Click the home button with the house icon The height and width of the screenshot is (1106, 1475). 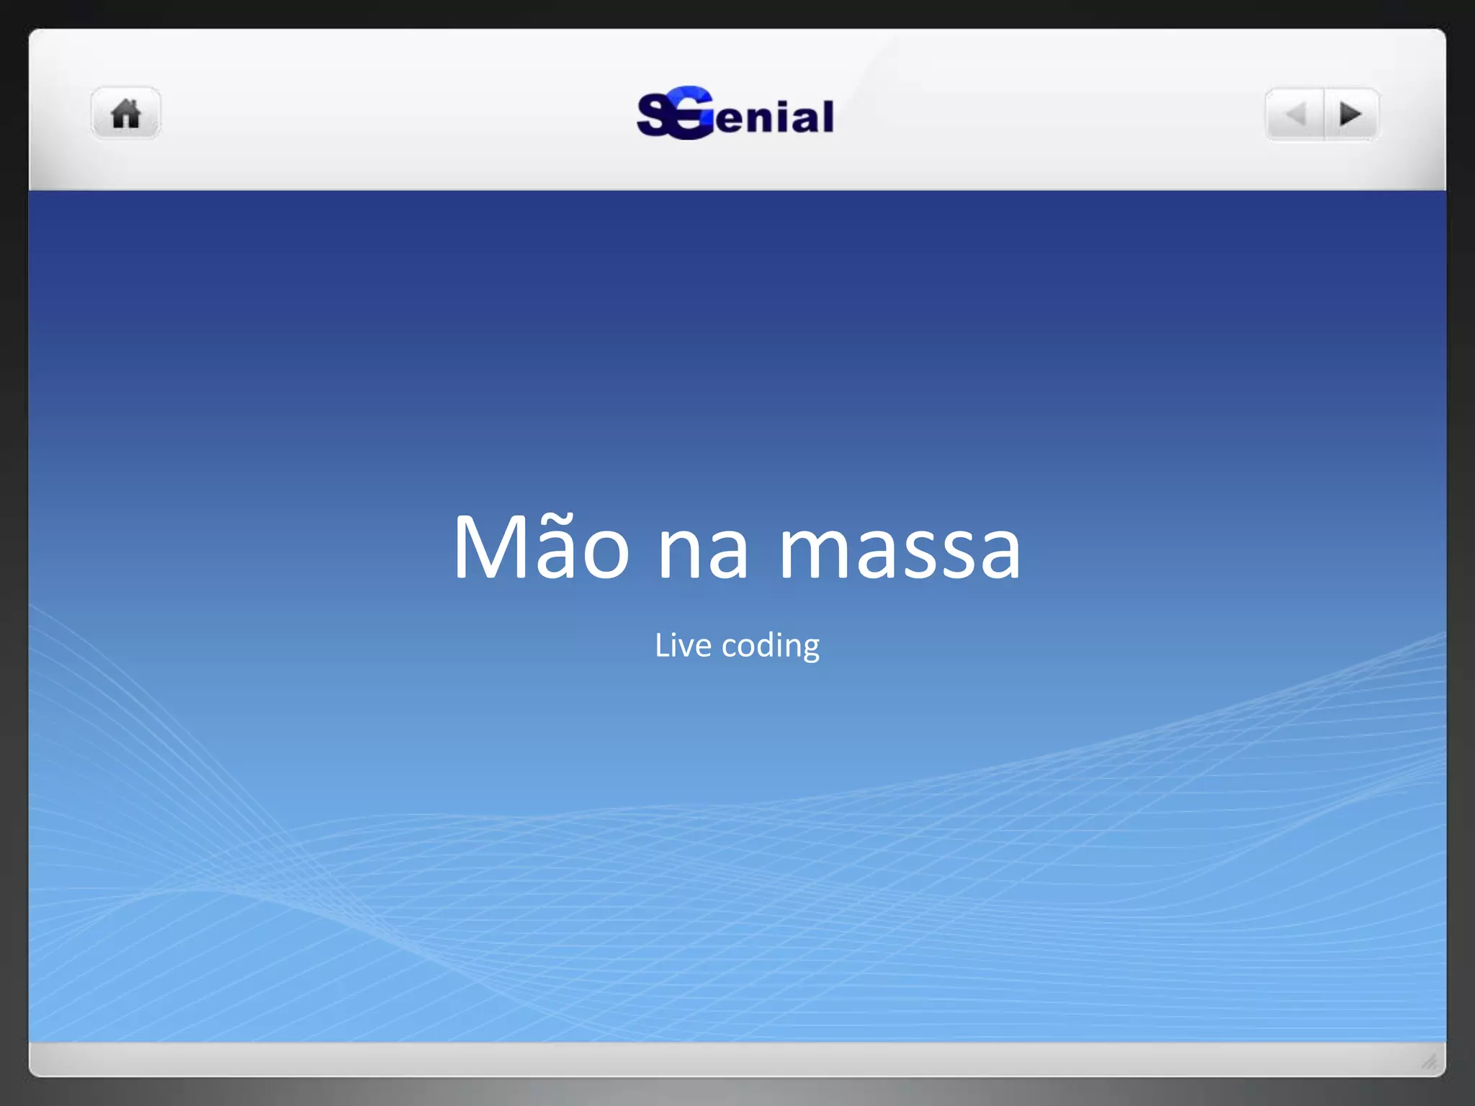(x=126, y=114)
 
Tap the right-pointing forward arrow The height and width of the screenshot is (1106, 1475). (x=1350, y=114)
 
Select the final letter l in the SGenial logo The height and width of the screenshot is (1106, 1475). (x=828, y=116)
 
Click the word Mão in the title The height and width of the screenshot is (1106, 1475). (x=541, y=547)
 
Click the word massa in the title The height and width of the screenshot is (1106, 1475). (x=900, y=552)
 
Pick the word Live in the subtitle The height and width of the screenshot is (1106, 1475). (x=683, y=645)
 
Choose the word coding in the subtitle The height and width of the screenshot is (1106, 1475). (x=771, y=646)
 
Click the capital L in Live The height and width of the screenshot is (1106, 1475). (x=661, y=645)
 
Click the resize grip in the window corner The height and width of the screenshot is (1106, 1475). (x=1430, y=1061)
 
